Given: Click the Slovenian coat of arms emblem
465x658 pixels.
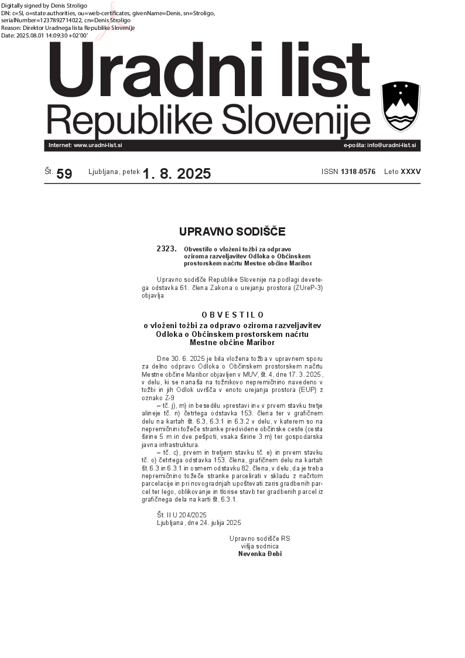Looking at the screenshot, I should [401, 107].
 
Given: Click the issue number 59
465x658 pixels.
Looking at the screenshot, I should [64, 174].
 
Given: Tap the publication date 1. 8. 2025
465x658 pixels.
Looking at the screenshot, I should [177, 173].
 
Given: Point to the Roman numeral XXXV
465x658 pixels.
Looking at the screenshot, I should [411, 172].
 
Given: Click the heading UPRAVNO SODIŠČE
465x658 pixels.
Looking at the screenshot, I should [232, 231].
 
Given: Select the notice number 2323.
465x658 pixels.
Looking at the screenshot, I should [166, 249].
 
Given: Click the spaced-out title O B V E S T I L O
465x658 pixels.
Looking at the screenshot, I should [232, 315].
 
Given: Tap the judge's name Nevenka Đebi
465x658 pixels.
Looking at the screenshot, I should [260, 553].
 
